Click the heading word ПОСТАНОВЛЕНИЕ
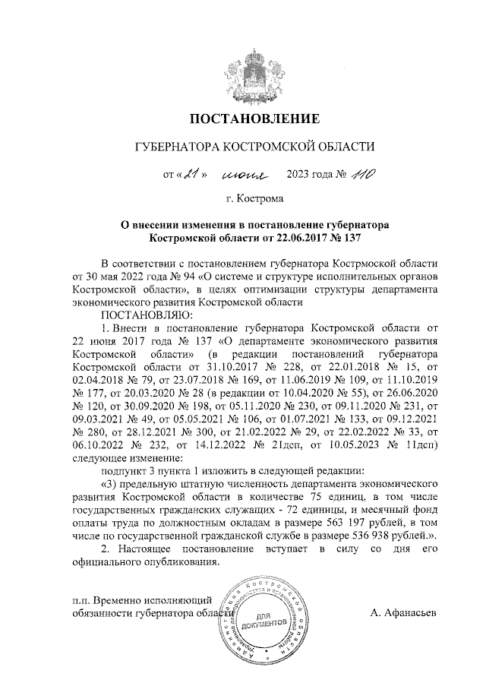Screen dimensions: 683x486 pos(250,119)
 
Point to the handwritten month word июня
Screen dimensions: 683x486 pos(245,176)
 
